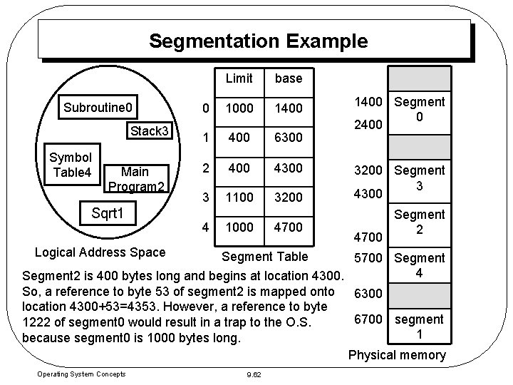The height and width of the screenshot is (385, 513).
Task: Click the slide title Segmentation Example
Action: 258,41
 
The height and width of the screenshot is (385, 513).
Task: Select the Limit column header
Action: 239,78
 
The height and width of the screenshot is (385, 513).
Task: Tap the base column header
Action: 289,78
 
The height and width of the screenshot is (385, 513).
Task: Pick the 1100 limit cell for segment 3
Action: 239,197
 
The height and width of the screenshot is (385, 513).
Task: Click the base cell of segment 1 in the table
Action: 289,137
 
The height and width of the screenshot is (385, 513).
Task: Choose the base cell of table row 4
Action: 289,227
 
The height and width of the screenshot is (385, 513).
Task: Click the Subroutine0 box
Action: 98,108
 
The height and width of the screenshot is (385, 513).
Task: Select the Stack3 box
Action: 148,131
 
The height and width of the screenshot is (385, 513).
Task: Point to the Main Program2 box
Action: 135,178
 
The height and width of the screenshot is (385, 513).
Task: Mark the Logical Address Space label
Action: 100,251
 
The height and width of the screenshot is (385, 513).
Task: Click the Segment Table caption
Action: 265,257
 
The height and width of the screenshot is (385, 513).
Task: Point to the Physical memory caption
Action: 398,355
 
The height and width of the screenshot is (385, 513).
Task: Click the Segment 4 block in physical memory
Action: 420,265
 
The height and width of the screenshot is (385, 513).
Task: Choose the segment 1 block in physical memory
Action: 420,327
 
